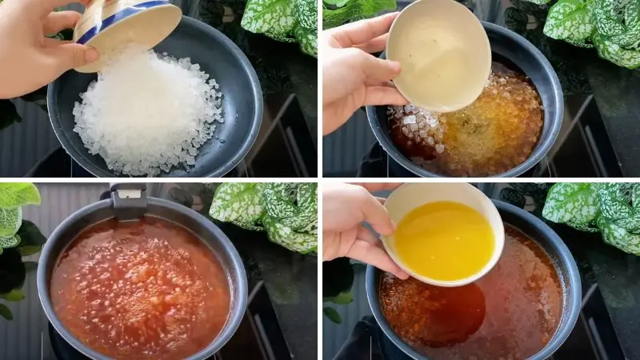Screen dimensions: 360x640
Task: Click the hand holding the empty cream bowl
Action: coord(356,72)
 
